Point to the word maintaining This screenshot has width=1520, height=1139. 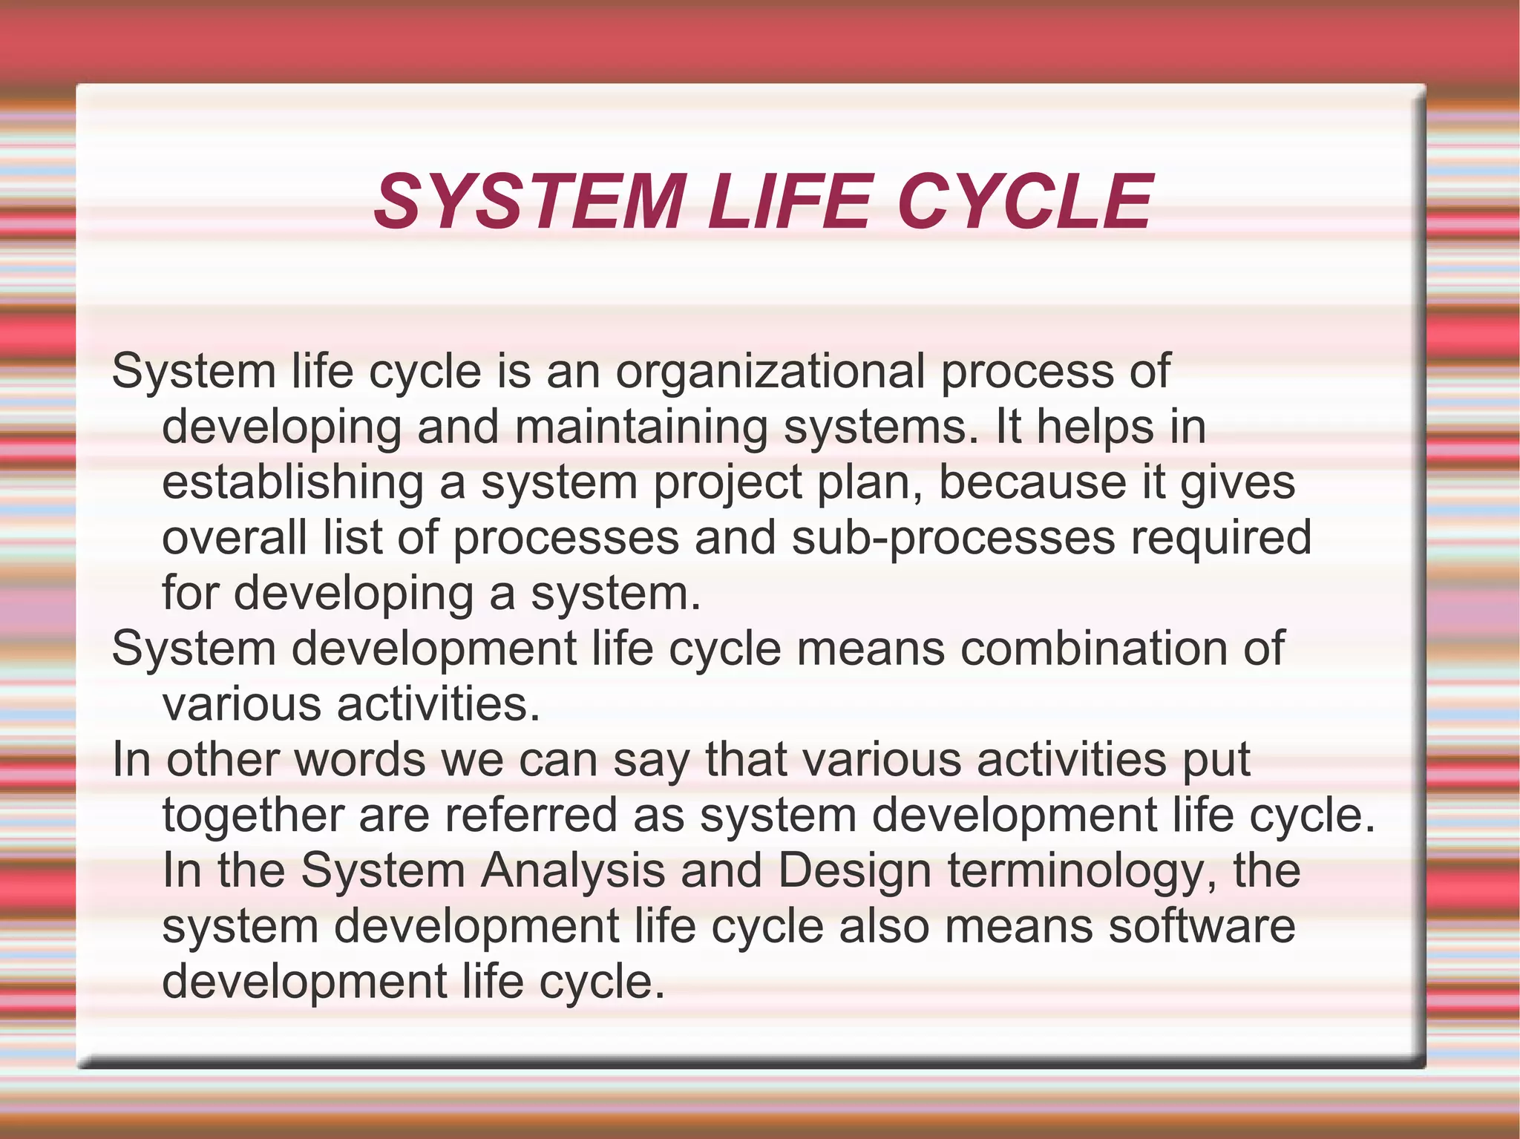pos(641,427)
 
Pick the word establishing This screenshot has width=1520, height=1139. pos(292,482)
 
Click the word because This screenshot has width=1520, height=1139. pos(1032,482)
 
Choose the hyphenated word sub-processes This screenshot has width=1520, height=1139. pos(953,537)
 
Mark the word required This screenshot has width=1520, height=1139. pos(1221,537)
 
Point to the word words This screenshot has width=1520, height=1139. pos(359,760)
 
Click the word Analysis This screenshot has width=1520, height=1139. pos(572,871)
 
